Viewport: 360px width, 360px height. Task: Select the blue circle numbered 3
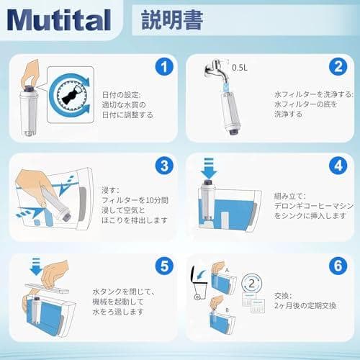[166, 166]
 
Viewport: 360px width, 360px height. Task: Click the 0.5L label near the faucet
[239, 68]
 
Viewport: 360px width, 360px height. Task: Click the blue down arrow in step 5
[35, 269]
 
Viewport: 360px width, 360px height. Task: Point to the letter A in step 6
[228, 271]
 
